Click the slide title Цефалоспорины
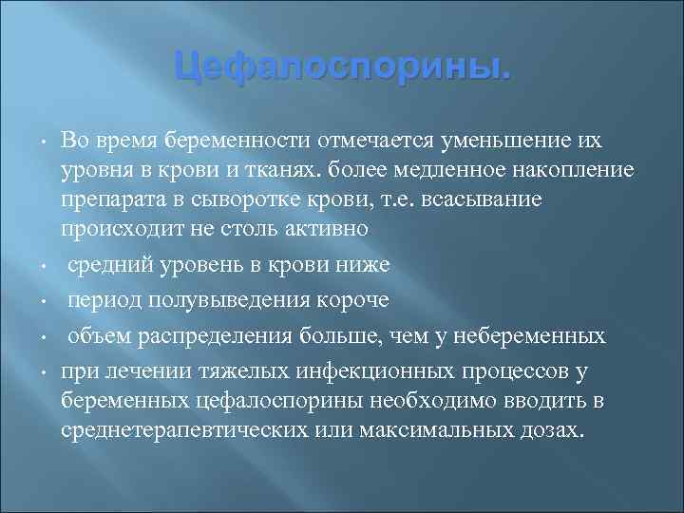342,67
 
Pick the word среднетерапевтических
181,429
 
